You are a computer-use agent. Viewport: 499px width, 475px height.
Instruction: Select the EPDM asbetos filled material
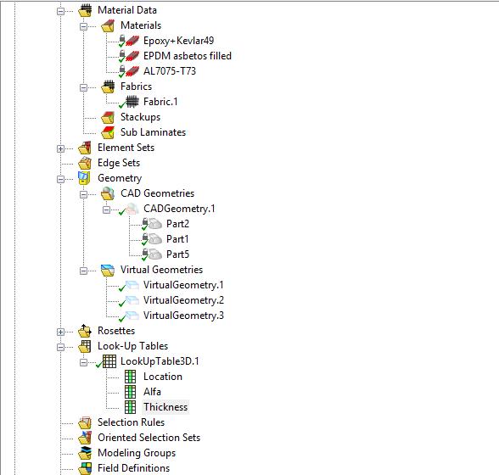click(187, 56)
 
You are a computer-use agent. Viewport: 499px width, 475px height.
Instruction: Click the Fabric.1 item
click(160, 102)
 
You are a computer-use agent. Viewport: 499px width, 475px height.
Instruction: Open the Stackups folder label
click(140, 117)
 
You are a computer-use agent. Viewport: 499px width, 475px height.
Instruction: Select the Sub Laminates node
click(153, 132)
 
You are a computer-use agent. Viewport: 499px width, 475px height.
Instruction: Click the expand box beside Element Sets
click(61, 148)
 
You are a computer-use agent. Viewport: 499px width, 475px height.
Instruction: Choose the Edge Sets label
click(119, 163)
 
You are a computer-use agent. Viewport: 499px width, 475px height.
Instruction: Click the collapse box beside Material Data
click(61, 10)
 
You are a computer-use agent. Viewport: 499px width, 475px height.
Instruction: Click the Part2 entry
click(177, 224)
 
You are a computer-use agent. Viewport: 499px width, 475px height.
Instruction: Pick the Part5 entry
click(177, 254)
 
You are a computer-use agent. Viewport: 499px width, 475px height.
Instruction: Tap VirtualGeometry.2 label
click(183, 300)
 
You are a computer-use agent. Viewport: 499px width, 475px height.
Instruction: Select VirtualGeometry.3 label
click(183, 316)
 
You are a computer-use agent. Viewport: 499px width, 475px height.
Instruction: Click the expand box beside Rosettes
click(61, 331)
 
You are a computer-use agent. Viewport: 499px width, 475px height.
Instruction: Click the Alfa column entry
click(152, 392)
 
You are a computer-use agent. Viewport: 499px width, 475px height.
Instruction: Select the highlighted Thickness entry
click(165, 407)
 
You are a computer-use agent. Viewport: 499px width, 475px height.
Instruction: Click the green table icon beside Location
click(130, 377)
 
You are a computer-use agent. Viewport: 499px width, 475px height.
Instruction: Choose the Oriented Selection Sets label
click(149, 438)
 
